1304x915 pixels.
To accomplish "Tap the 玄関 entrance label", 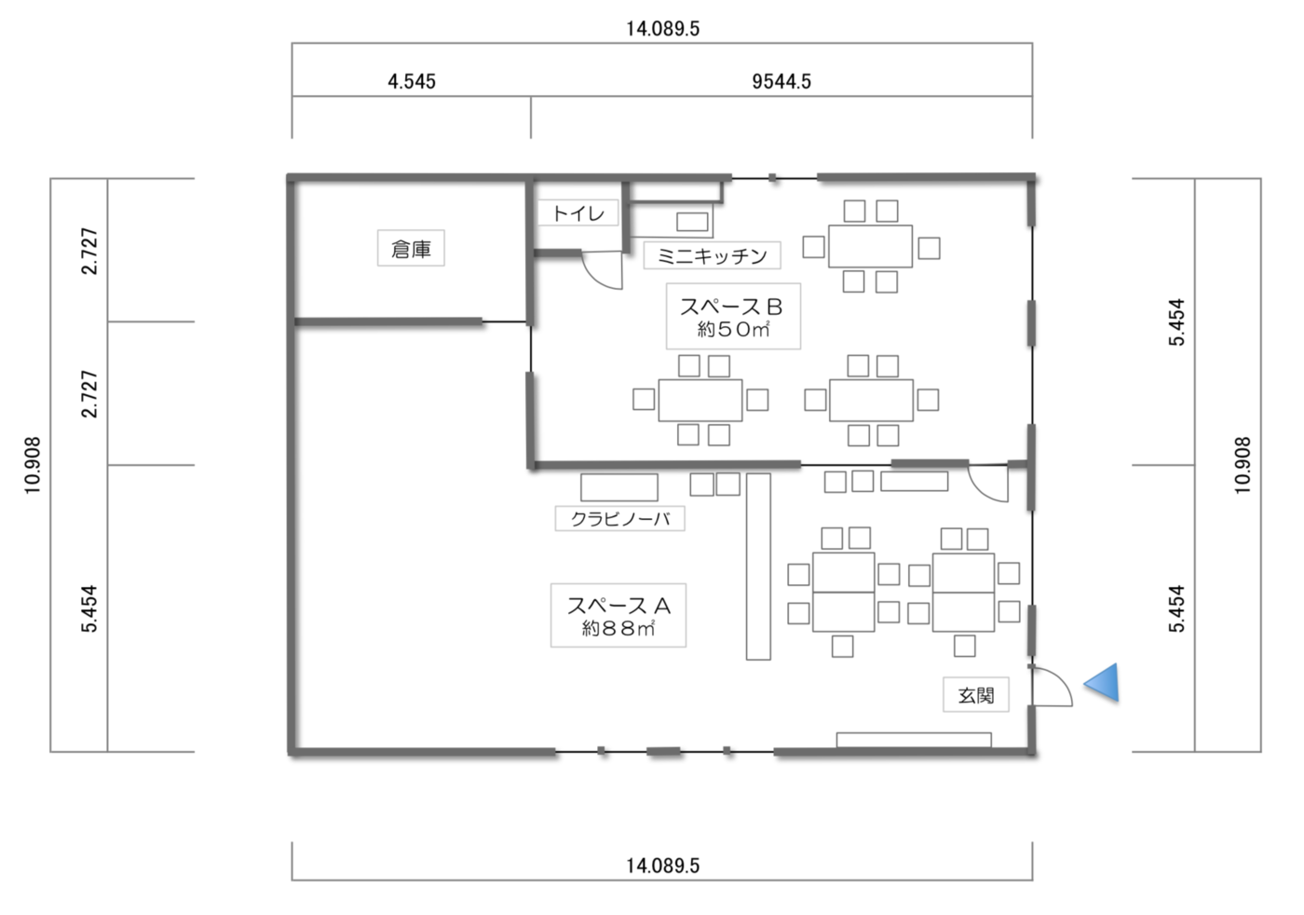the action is (x=976, y=695).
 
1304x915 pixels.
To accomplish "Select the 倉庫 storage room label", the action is (x=411, y=249).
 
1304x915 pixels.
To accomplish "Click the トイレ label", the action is (x=577, y=213).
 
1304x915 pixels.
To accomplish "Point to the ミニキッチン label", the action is (x=712, y=255).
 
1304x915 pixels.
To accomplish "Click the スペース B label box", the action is (x=734, y=316).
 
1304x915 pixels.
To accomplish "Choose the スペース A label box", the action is (x=618, y=616).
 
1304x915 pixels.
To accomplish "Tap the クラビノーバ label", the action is (x=620, y=518).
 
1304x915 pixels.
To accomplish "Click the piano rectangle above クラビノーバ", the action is (x=619, y=487).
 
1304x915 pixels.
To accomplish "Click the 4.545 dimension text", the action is (x=412, y=82).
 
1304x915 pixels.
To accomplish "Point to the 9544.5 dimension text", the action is (x=781, y=82).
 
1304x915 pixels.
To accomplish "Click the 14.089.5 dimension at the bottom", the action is (x=662, y=866).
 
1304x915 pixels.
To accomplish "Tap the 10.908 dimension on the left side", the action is (x=33, y=465).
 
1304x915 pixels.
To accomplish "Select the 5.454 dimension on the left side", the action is (x=89, y=608).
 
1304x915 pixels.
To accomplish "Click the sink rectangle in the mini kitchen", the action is (x=692, y=222).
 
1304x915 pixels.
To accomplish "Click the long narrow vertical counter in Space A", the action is (x=758, y=567).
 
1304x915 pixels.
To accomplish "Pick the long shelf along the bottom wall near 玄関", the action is (x=914, y=740).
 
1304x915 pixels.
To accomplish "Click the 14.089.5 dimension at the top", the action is (x=662, y=29).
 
